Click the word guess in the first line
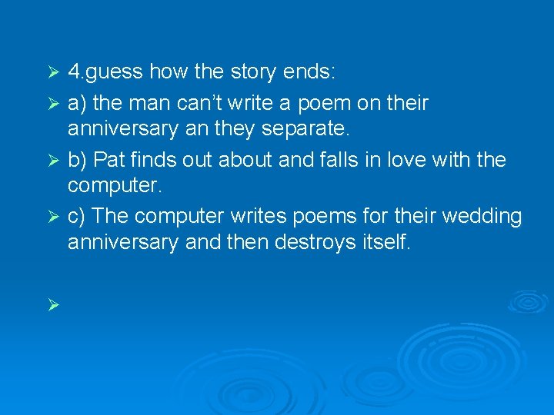[116, 73]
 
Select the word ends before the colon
[308, 73]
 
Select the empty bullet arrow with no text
[53, 305]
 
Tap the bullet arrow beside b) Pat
[53, 161]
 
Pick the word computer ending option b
[115, 187]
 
